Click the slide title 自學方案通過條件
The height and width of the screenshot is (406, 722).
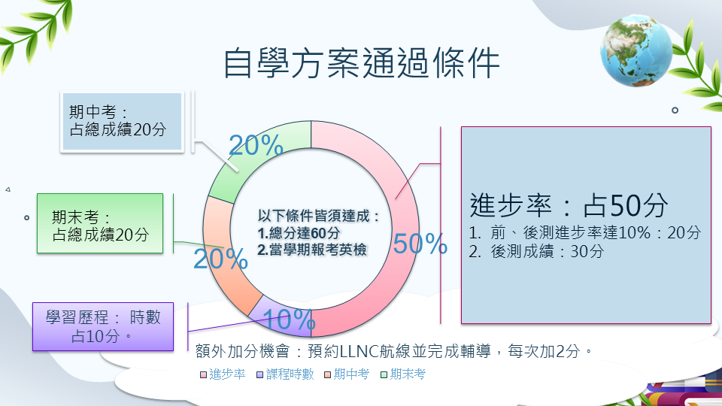362,63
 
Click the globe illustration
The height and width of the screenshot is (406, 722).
636,50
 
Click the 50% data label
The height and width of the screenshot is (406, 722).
420,244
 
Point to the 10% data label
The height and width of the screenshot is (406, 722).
289,319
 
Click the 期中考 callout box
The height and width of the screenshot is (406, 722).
122,122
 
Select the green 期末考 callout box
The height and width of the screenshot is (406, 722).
100,223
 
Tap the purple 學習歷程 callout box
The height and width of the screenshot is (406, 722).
103,327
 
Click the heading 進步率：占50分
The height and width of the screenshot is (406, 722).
569,205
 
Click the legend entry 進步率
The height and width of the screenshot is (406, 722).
223,374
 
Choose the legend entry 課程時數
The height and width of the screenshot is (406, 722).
286,374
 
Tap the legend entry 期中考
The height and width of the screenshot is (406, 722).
347,374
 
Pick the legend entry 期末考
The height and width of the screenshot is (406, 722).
403,374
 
